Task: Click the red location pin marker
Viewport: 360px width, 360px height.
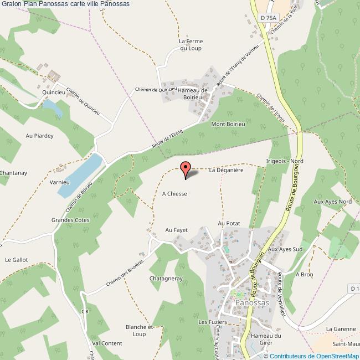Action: [x=185, y=169]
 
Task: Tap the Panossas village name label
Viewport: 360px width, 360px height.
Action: [x=252, y=303]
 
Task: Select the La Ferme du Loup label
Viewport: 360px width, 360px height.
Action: [x=190, y=45]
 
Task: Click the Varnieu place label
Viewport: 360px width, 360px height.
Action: [x=58, y=182]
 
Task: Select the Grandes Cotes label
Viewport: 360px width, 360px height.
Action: [x=71, y=220]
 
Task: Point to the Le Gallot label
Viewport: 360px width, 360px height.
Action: [x=16, y=259]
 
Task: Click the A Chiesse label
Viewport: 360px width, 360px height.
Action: [x=174, y=194]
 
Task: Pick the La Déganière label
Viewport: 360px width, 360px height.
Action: [x=227, y=171]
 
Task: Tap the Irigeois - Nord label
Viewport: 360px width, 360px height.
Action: [x=285, y=161]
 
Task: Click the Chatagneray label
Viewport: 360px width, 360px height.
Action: [x=166, y=278]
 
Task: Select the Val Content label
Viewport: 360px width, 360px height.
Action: [x=107, y=343]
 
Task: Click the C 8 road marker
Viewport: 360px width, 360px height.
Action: [x=85, y=311]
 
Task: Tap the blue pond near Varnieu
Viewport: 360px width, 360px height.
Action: [x=80, y=174]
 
